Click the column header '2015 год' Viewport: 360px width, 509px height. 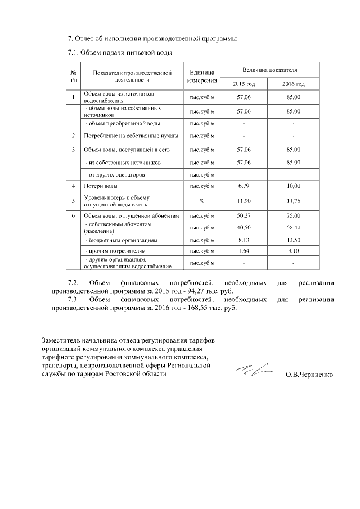tap(244, 84)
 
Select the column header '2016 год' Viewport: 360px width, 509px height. tap(293, 84)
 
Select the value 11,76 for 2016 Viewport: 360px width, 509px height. tap(294, 200)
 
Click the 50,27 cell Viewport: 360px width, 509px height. tap(244, 215)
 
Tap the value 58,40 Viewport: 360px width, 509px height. tap(294, 227)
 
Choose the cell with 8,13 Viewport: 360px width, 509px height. tap(244, 240)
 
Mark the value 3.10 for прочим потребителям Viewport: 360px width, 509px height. tap(294, 250)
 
